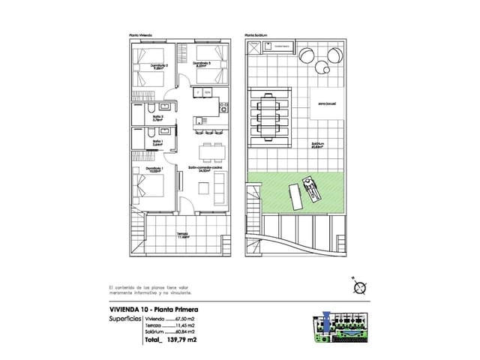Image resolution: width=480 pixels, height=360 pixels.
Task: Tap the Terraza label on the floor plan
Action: [182, 234]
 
